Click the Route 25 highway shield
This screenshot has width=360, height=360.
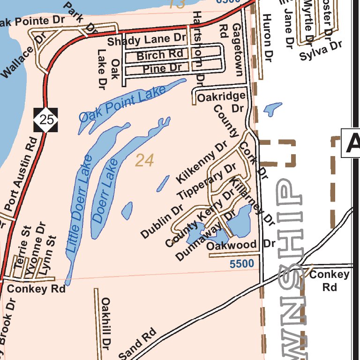(46, 120)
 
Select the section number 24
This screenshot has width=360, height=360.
(144, 160)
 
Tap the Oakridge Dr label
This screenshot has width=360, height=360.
(221, 102)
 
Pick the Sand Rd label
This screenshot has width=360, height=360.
(137, 345)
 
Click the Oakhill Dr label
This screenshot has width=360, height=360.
(106, 322)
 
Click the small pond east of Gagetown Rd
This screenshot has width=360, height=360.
(272, 109)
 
